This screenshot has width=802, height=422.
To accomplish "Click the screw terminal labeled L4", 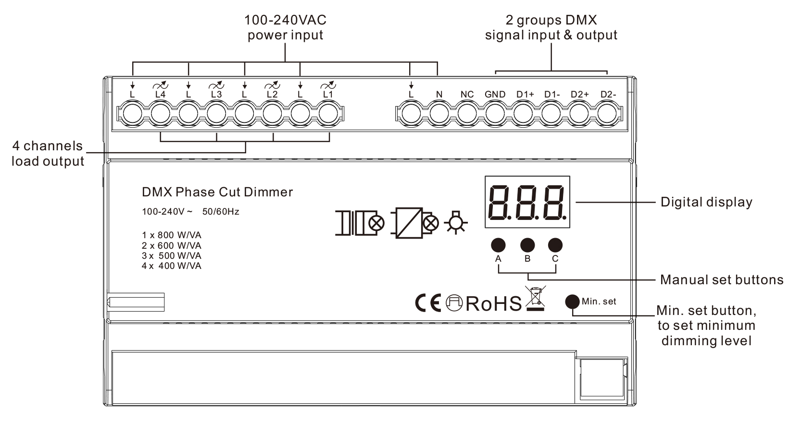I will pos(160,114).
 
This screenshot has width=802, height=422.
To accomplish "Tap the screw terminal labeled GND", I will pos(495,114).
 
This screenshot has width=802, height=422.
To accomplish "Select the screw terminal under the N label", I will pos(439,114).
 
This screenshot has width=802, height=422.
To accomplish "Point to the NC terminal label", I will pos(467,95).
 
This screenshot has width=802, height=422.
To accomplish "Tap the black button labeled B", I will pos(527,245).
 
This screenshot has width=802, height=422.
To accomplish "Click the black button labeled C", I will pos(555,245).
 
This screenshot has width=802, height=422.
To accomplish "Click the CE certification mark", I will pos(427,303).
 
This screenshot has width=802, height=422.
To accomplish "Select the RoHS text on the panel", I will pos(493,303).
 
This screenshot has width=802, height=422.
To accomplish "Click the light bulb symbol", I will pos(456,223).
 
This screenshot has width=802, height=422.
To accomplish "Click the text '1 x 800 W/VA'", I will pos(172,235).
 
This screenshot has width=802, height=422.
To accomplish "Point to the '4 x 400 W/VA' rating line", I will pos(172,266).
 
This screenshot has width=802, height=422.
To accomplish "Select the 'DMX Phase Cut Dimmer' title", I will pos(217,193).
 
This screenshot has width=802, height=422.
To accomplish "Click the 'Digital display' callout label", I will pos(706,202).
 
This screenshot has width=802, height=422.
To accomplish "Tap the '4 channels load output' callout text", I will pos(48,154).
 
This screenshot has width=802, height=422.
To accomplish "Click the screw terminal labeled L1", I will pos(328,114).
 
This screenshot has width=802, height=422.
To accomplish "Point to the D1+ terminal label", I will pos(525,95).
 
